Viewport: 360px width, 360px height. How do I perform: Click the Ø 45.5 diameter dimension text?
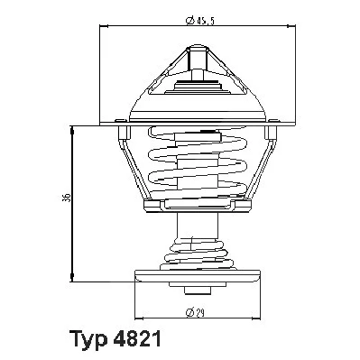point(200,21)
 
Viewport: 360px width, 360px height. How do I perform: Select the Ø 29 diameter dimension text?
point(195,313)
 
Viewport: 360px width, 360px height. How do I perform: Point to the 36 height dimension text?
point(68,197)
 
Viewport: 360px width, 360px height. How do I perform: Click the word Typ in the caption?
point(88,339)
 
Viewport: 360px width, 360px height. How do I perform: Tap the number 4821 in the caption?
point(137,338)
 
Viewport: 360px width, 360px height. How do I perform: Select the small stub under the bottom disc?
point(197,291)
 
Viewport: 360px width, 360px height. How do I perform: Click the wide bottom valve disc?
point(198,275)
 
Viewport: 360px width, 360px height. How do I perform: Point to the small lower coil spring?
point(198,254)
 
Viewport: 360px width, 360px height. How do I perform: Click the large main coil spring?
point(198,162)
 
